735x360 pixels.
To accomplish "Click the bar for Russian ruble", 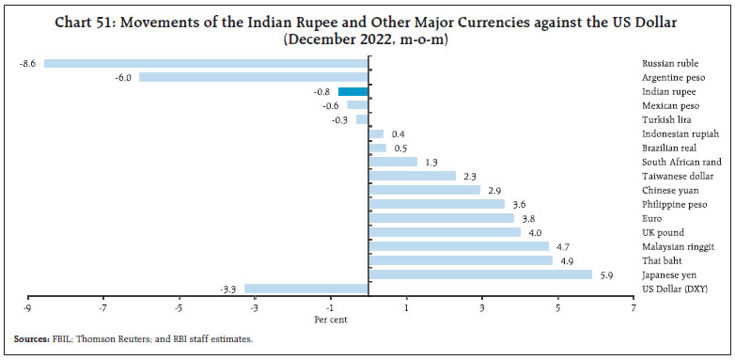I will point(206,63).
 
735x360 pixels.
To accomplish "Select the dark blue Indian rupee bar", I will point(353,91).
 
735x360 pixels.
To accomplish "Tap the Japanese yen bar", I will point(480,274).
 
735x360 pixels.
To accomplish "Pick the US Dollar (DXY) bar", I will point(306,289).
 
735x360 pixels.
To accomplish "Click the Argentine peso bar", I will point(254,77).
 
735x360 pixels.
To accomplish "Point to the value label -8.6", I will point(27,63).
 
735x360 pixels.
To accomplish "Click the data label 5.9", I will point(606,274).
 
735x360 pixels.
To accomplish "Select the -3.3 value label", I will point(229,289).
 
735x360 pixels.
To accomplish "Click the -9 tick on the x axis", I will point(27,306).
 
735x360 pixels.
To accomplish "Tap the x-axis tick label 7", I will point(633,306).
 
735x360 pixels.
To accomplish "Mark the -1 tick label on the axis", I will point(330,306).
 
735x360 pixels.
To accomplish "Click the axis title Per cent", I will point(331,319).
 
